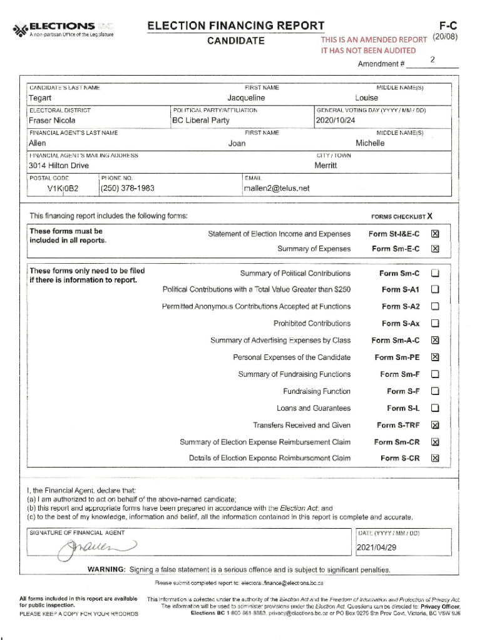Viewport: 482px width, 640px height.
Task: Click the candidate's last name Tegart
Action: point(40,98)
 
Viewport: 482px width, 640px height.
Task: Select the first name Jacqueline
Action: point(246,98)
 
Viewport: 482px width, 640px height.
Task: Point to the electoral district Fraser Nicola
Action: point(52,121)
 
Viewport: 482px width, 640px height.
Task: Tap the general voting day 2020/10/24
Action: point(337,121)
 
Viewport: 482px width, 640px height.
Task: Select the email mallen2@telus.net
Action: point(277,188)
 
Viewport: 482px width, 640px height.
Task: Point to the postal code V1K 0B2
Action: point(62,188)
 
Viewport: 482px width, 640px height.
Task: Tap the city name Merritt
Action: point(326,166)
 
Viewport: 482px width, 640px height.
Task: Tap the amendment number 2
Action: point(433,60)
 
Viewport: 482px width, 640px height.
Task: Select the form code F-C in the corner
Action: point(448,26)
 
